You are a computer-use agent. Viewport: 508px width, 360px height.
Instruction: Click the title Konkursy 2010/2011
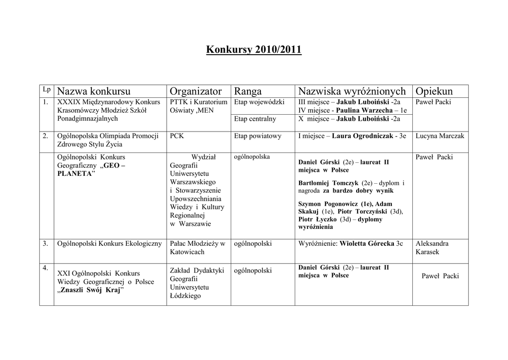tap(254, 50)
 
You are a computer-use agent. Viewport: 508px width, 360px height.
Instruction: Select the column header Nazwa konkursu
tap(94, 91)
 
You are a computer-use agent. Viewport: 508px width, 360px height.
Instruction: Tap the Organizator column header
tap(195, 91)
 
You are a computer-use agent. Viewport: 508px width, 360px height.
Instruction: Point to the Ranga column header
tap(248, 91)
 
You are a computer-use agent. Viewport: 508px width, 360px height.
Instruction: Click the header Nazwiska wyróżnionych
tap(352, 91)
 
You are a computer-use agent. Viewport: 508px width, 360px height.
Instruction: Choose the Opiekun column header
tap(434, 91)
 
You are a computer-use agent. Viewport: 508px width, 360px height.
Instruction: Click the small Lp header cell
tap(47, 90)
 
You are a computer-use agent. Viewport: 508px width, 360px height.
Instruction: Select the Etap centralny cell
tap(255, 119)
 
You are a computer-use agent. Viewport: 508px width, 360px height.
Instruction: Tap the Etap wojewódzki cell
tap(259, 102)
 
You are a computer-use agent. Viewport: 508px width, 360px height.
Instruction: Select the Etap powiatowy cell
tap(257, 136)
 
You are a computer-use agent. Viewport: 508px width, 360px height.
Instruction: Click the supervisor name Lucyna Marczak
tap(440, 136)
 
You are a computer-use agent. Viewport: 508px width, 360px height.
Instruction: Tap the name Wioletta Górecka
tap(367, 244)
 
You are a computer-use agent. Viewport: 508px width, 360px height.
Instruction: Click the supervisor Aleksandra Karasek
tap(432, 248)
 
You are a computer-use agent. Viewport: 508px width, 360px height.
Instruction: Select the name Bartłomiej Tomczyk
tap(328, 183)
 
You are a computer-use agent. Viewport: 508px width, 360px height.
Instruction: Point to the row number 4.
tap(45, 268)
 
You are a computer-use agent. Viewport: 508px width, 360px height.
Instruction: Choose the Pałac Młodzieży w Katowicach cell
tap(197, 248)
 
